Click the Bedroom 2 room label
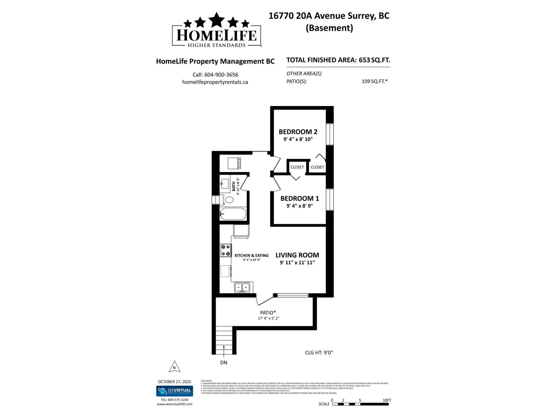tap(298, 132)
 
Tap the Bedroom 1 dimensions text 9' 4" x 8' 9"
tap(300, 206)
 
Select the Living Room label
tap(297, 255)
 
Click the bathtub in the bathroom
tap(233, 214)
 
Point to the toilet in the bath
tap(229, 199)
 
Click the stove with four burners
tap(226, 250)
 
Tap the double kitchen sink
tap(242, 287)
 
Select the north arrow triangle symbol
tap(174, 367)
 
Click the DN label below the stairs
tap(224, 363)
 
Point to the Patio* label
tap(268, 313)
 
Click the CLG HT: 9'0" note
tap(319, 353)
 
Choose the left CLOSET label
tap(297, 167)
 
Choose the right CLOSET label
tap(317, 167)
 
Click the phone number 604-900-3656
tap(221, 75)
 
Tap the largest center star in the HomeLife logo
tap(217, 20)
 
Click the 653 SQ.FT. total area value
tap(374, 60)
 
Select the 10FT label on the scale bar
tap(387, 400)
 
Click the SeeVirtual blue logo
tap(175, 391)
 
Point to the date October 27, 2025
tap(174, 382)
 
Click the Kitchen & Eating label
tap(252, 255)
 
